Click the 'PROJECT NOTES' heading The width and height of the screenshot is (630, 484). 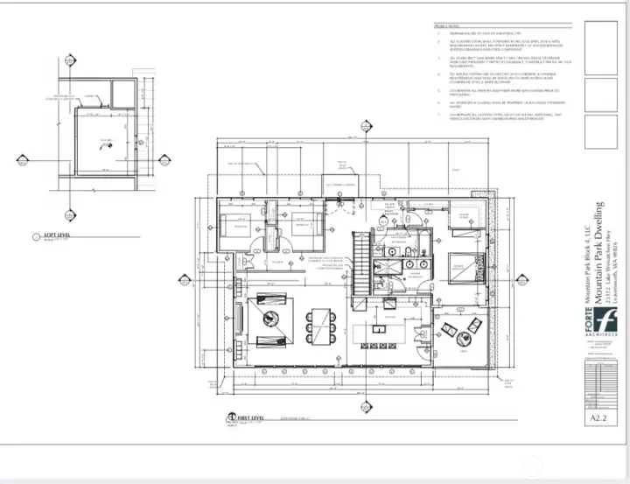tap(447, 27)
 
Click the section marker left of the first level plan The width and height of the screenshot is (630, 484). tap(184, 281)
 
